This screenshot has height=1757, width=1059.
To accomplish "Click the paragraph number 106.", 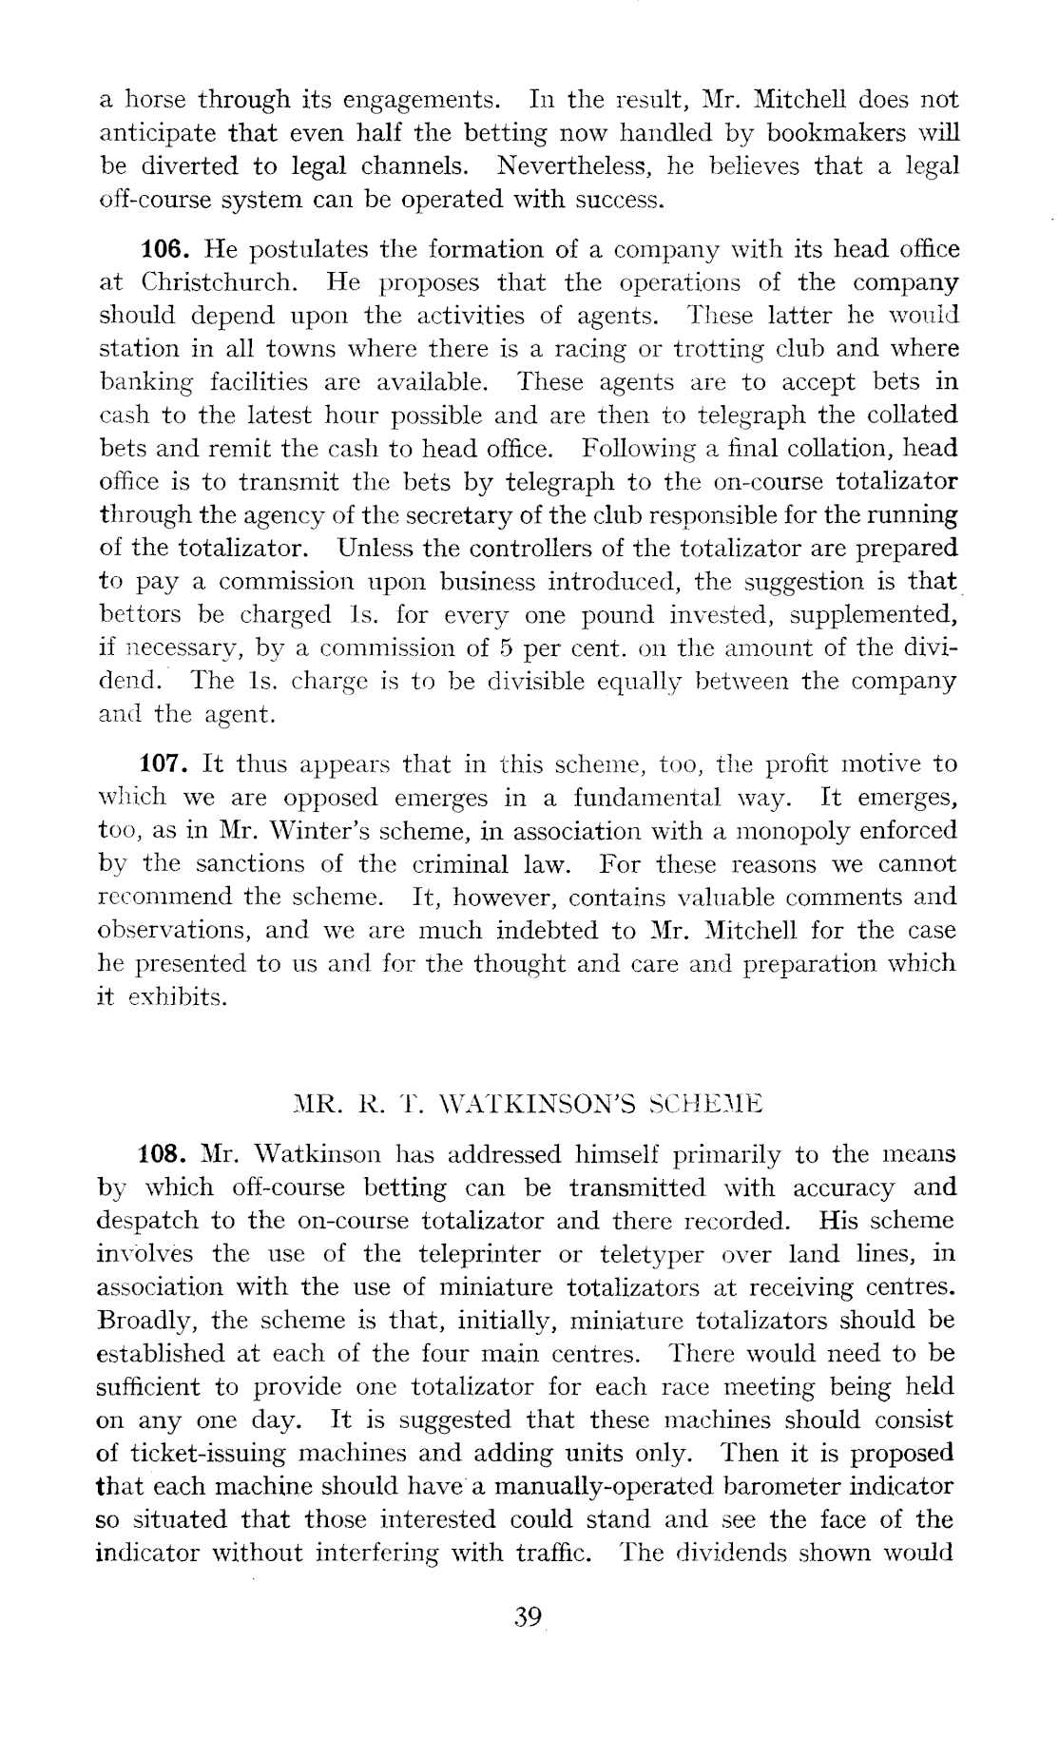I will [168, 250].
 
